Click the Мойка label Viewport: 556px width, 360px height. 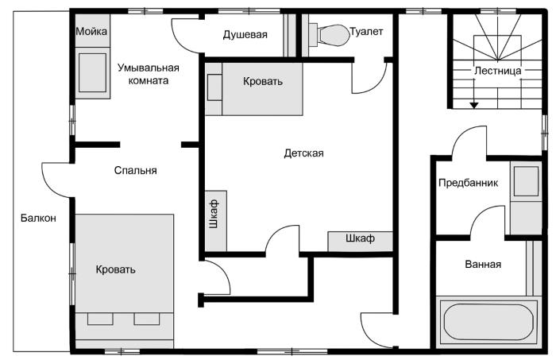click(x=91, y=32)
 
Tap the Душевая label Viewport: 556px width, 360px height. click(x=245, y=35)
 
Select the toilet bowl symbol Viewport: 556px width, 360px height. click(x=329, y=35)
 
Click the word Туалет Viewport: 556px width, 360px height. click(x=367, y=32)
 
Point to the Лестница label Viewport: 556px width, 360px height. click(x=497, y=71)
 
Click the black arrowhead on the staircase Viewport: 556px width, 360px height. click(x=474, y=105)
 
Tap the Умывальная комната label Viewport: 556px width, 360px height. click(x=149, y=74)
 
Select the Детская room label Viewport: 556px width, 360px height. click(x=304, y=153)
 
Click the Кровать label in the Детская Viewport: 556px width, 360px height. click(x=263, y=82)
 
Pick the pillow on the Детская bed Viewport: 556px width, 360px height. click(x=214, y=87)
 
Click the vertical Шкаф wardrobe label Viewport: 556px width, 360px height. click(x=214, y=214)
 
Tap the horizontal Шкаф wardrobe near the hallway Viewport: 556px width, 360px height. click(x=361, y=242)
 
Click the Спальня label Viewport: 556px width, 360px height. click(x=136, y=170)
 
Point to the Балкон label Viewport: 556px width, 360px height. click(x=38, y=218)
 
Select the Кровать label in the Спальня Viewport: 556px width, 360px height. click(x=116, y=269)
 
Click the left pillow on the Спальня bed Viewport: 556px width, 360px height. click(x=100, y=319)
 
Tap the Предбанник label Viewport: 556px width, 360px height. click(x=468, y=183)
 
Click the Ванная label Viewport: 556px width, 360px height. click(x=483, y=264)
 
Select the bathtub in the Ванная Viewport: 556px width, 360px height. click(x=489, y=323)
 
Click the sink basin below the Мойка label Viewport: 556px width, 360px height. click(x=92, y=72)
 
